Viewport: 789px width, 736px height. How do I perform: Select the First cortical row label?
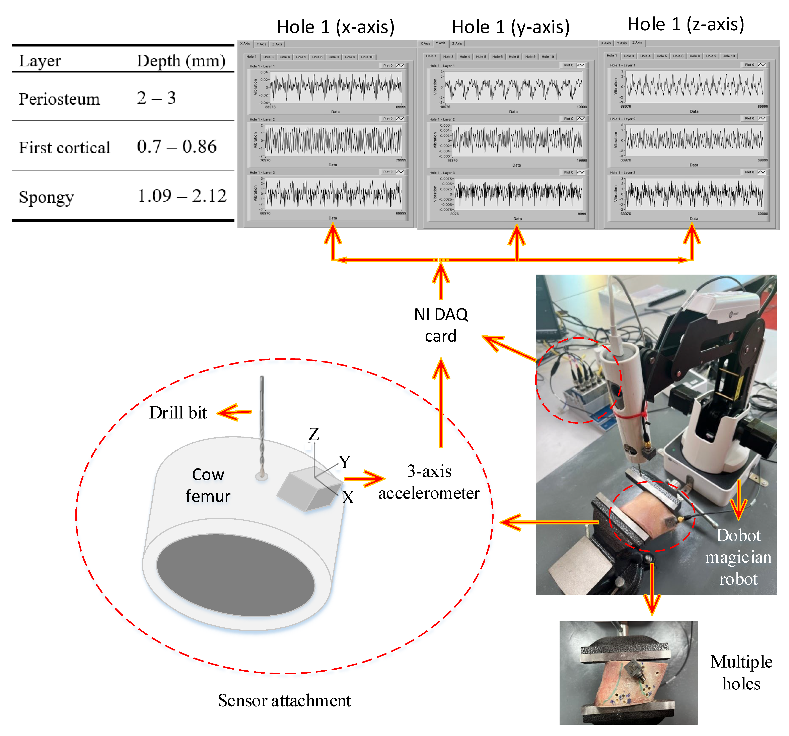(64, 147)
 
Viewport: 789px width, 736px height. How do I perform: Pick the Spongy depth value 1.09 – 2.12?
(182, 196)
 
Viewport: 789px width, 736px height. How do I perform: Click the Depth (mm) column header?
(181, 61)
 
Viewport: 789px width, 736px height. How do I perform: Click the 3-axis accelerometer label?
(429, 482)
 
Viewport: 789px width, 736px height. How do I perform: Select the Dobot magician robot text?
(738, 557)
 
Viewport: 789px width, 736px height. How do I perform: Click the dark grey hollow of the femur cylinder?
(236, 575)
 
